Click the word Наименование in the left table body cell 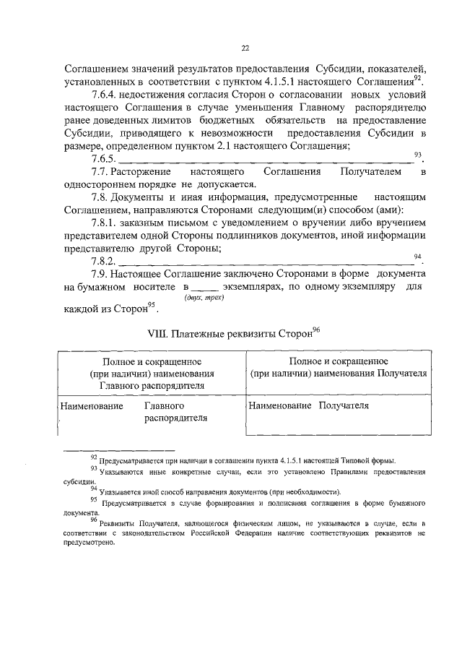tap(91, 406)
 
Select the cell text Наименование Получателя tap(309, 405)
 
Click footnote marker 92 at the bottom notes tap(94, 457)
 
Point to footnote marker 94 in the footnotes tap(94, 489)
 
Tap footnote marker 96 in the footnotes tap(94, 520)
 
